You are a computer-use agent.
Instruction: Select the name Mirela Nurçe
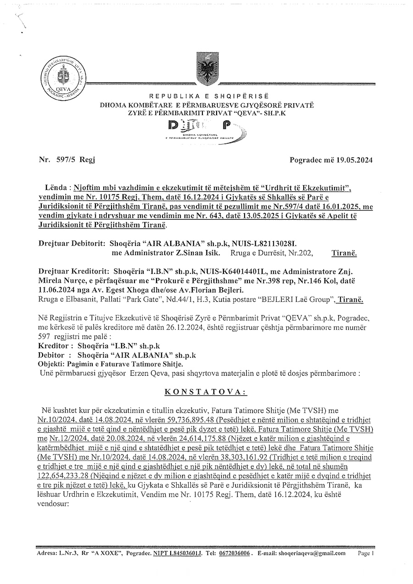(60, 280)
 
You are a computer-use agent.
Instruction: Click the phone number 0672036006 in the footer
(235, 554)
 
